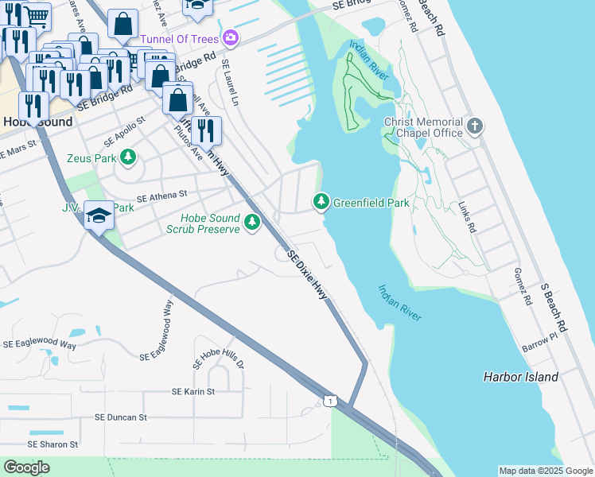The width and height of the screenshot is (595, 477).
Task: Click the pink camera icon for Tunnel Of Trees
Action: [230, 37]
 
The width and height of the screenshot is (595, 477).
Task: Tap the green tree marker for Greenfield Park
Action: [321, 203]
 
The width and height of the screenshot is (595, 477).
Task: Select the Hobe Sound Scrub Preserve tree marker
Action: [252, 222]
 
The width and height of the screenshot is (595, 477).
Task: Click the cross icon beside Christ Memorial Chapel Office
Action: [475, 126]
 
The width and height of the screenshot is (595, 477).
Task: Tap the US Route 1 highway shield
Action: [331, 400]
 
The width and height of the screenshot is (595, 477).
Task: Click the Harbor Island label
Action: [520, 377]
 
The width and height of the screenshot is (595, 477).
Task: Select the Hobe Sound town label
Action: [37, 122]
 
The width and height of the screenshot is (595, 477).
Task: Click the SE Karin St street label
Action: [193, 392]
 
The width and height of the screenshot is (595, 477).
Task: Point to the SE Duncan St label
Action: [121, 417]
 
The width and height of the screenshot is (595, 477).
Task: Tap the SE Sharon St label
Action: [52, 444]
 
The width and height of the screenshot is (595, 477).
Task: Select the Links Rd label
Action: [467, 215]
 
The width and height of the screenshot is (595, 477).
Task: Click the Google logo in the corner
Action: [27, 467]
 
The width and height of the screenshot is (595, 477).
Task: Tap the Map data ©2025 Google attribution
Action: [546, 471]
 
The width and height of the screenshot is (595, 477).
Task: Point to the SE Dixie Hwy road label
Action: [308, 275]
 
